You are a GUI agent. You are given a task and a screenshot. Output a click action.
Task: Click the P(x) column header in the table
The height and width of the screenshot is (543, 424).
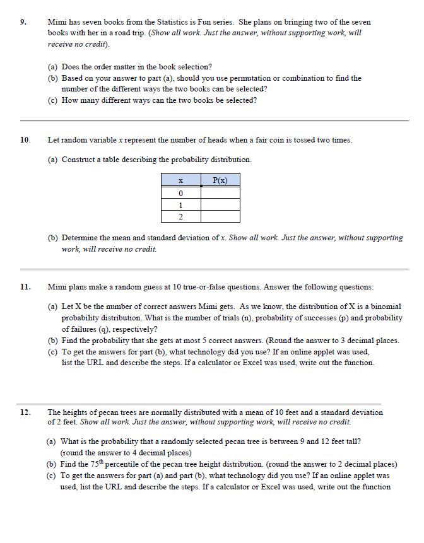pos(220,180)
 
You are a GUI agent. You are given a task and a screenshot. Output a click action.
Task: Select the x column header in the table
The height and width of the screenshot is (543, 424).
pos(180,180)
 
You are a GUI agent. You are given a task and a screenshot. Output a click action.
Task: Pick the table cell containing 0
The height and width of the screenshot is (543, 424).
pos(180,193)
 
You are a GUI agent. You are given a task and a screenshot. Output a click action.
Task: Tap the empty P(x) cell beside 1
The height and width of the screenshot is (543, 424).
pos(220,205)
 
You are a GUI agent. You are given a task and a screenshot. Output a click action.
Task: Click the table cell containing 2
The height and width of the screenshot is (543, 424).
pos(180,217)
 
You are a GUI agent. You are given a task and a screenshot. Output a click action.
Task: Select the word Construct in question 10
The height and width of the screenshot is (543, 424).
pos(79,160)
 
